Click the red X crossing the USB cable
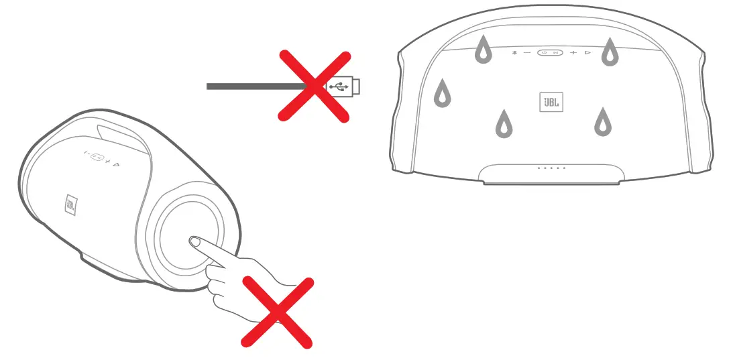pos(314,87)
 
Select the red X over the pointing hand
pos(277,312)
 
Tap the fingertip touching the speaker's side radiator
pos(195,242)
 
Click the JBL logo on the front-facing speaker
pos(551,103)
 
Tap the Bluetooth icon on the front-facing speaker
pos(514,53)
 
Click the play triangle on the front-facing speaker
pos(587,53)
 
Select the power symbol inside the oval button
pos(544,53)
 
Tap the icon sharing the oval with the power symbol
pos(556,53)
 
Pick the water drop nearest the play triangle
pos(610,52)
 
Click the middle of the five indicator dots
pos(551,168)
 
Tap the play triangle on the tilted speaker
pos(117,164)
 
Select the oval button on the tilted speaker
pos(97,158)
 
